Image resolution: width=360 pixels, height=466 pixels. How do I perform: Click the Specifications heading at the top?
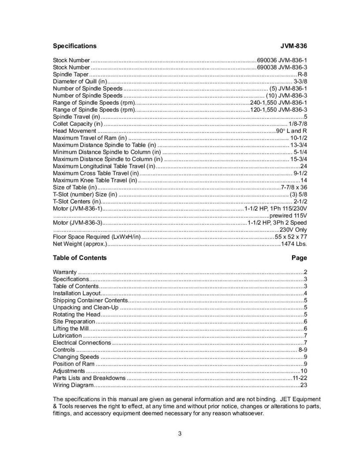75,46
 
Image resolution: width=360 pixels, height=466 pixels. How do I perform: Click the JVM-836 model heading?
294,46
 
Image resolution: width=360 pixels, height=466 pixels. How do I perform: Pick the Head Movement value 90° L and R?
292,131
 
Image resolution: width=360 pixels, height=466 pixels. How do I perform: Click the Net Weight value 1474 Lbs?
294,243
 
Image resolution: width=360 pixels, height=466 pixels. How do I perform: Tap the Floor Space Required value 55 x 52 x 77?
291,236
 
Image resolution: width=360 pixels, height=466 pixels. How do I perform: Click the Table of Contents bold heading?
80,258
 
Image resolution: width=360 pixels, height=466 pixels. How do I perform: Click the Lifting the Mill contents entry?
71,329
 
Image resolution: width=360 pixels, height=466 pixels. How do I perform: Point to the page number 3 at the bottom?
180,434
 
